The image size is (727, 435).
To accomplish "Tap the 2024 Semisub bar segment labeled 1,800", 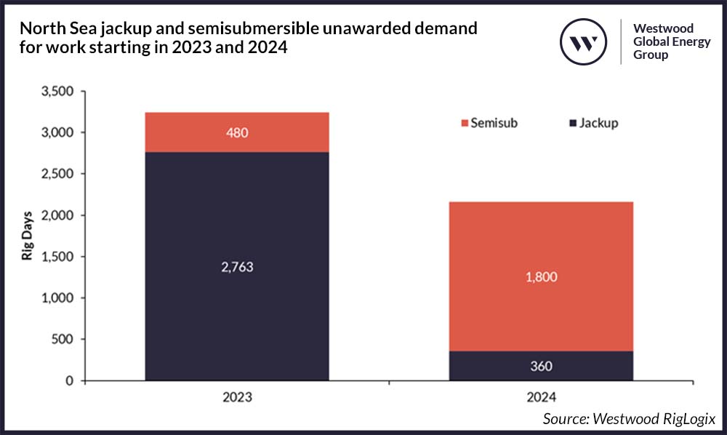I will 541,276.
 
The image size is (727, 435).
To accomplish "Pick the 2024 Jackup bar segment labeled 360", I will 541,366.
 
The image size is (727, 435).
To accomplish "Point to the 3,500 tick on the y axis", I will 60,92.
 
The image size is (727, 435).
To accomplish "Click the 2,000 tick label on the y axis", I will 60,216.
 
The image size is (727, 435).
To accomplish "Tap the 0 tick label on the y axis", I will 72,381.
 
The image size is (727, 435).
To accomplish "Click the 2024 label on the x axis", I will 541,398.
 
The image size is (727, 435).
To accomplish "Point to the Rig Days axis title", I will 26,236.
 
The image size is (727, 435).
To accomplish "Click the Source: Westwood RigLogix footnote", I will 630,419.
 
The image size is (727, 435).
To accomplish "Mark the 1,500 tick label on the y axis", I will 60,258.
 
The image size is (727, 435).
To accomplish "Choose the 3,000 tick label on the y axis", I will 60,133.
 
